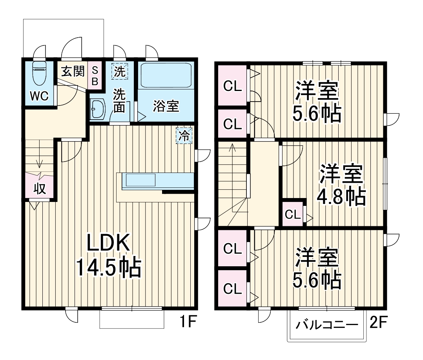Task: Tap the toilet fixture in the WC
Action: pyautogui.click(x=39, y=73)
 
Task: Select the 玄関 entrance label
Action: pyautogui.click(x=73, y=71)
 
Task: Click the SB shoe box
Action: pyautogui.click(x=95, y=75)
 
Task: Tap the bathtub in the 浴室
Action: pyautogui.click(x=166, y=75)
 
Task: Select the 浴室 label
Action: pyautogui.click(x=166, y=106)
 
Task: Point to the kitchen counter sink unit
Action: pyautogui.click(x=140, y=181)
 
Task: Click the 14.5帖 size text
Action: pyautogui.click(x=108, y=269)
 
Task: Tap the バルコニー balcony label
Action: pyautogui.click(x=327, y=325)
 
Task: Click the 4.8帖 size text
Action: pyautogui.click(x=341, y=197)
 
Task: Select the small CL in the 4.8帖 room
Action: pyautogui.click(x=293, y=215)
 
